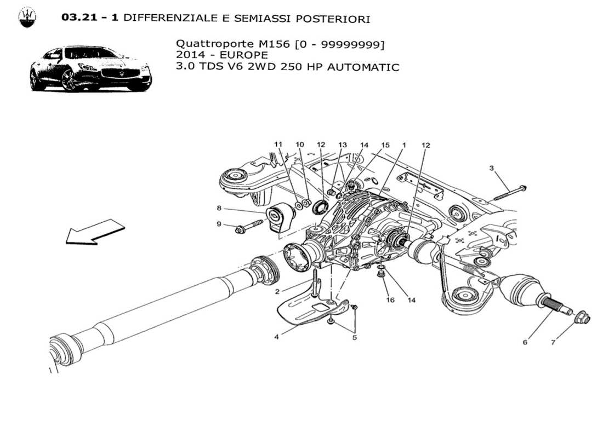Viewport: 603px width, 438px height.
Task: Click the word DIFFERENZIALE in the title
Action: click(x=164, y=19)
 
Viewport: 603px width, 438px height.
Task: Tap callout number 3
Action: click(x=492, y=168)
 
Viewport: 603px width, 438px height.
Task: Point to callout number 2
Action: click(x=278, y=291)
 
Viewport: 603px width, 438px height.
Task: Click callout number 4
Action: click(x=276, y=337)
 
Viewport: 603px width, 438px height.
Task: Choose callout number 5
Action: click(x=354, y=337)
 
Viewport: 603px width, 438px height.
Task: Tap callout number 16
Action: click(x=391, y=300)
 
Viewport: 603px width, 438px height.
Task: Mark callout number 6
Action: click(x=525, y=342)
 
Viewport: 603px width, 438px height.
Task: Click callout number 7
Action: click(x=553, y=342)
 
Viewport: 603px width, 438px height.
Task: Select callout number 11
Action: click(x=278, y=145)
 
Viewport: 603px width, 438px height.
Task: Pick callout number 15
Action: click(x=385, y=145)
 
